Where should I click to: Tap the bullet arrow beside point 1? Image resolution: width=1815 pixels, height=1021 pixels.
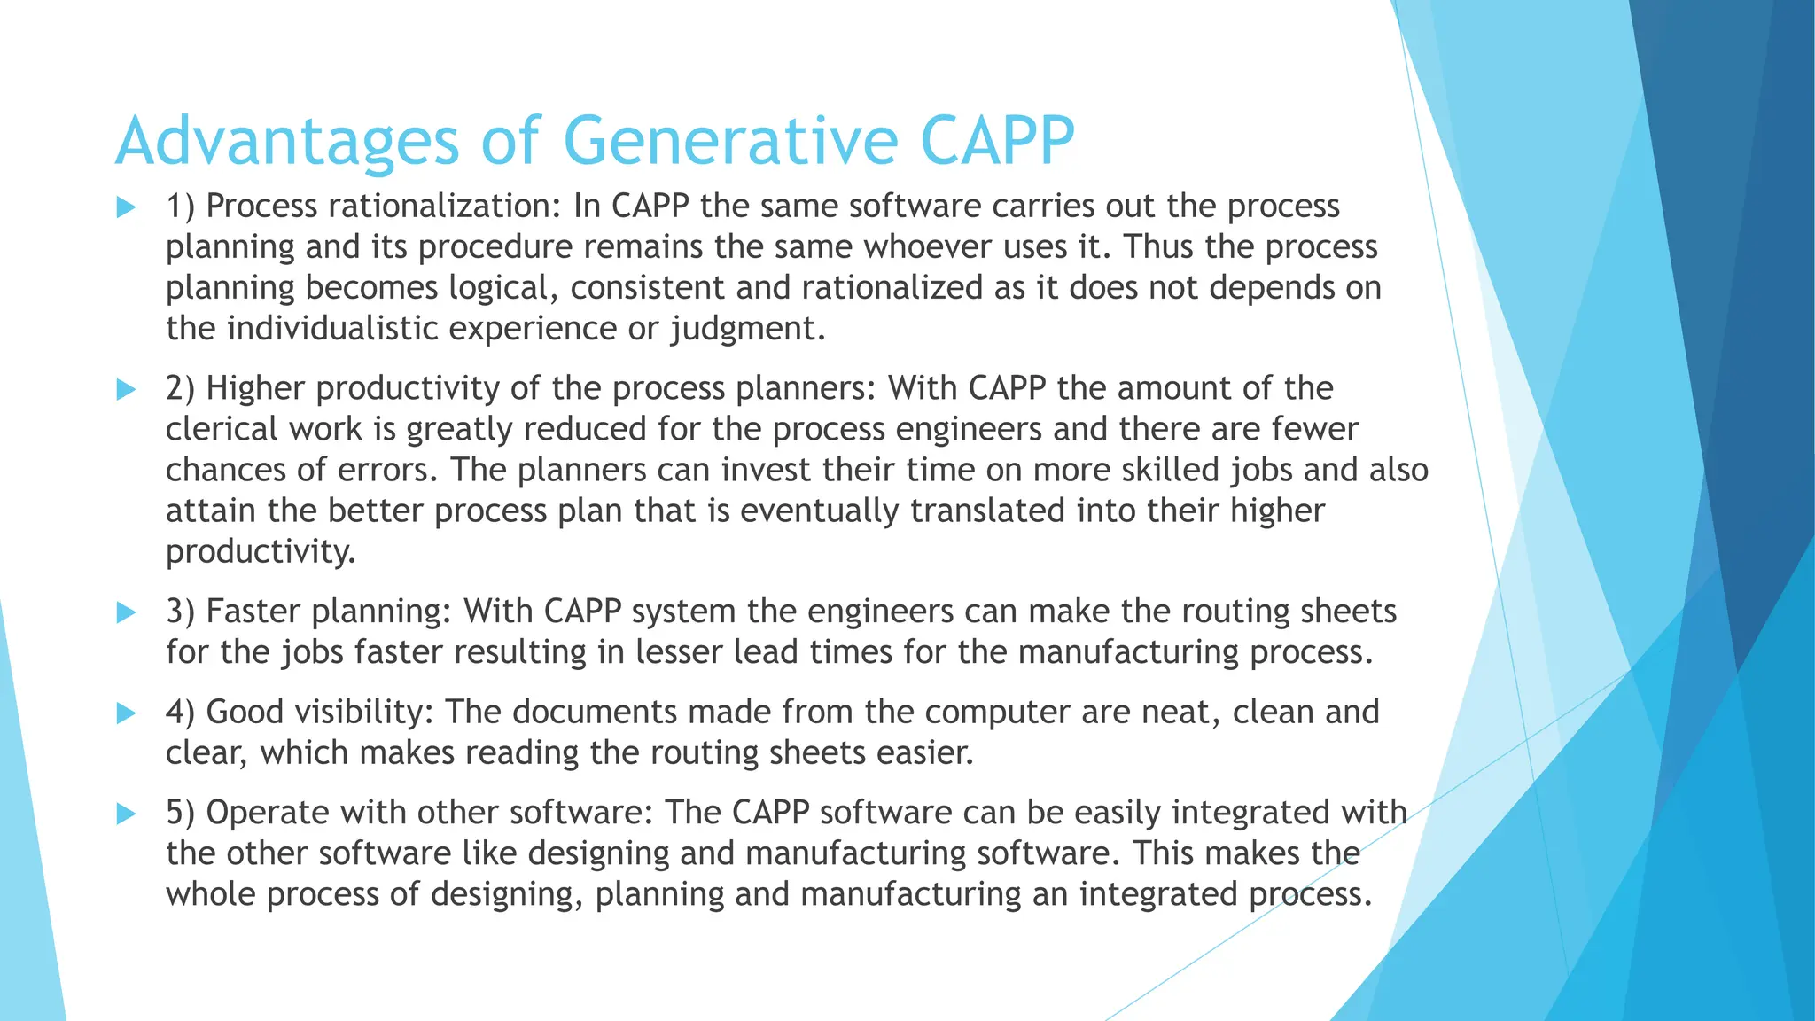126,209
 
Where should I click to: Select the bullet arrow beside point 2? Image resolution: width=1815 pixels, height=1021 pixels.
126,390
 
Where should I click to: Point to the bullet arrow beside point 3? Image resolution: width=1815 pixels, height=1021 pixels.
126,613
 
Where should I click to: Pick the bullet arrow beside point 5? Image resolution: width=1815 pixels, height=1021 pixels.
126,814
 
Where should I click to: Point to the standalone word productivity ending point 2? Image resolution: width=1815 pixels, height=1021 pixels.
260,552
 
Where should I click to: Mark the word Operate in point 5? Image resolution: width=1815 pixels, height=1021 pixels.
269,814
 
